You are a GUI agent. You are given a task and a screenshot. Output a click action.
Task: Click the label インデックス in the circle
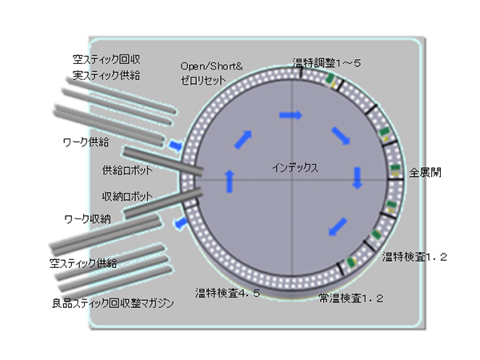(x=295, y=168)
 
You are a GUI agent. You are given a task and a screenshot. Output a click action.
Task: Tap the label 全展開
(x=424, y=172)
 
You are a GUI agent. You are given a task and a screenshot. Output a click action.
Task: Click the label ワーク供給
(x=86, y=142)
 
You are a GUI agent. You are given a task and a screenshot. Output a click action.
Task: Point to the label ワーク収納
(x=86, y=218)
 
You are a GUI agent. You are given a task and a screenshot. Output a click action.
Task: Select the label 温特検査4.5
(x=228, y=294)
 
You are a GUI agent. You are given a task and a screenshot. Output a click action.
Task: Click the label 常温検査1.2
(x=351, y=298)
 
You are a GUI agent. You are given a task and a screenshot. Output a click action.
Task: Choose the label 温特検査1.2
(x=414, y=257)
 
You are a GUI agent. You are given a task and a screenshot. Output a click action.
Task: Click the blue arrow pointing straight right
(x=290, y=116)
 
